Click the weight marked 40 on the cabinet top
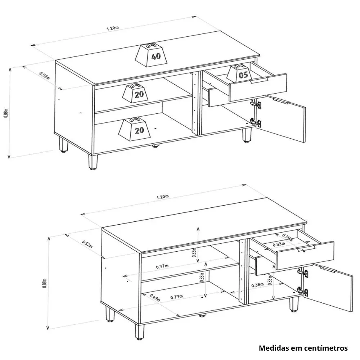(152, 55)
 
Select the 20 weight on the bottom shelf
(135, 129)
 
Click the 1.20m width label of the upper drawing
(112, 28)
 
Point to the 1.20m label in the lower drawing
(162, 197)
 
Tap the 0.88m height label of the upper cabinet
(6, 113)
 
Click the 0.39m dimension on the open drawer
(287, 237)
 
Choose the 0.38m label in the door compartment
(257, 285)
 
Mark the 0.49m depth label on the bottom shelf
(154, 298)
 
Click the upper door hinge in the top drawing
(256, 104)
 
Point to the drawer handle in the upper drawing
(259, 80)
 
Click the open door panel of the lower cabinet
(328, 290)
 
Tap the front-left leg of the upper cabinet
(93, 162)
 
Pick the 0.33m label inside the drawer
(279, 244)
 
